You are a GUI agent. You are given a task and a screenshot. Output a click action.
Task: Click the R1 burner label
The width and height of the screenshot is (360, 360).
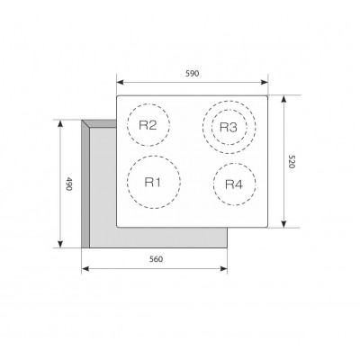153,182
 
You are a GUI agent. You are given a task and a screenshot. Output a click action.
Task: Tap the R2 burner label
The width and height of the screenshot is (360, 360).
148,125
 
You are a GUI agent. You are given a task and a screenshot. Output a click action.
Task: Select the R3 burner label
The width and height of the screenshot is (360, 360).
229,127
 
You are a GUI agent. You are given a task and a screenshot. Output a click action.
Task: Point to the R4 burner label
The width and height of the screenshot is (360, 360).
234,184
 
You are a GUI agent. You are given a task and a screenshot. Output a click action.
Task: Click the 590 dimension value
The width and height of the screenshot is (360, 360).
192,74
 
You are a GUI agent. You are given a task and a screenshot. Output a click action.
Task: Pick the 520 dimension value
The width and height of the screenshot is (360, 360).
292,162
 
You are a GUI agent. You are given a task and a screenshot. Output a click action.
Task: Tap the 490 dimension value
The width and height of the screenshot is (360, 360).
68,184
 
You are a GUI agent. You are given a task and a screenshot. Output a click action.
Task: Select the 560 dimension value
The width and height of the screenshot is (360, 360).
156,259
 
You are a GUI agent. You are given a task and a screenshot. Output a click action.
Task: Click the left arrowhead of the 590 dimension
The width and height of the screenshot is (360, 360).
120,82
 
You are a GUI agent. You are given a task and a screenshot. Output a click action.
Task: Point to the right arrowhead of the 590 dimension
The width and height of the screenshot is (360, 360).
265,82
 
